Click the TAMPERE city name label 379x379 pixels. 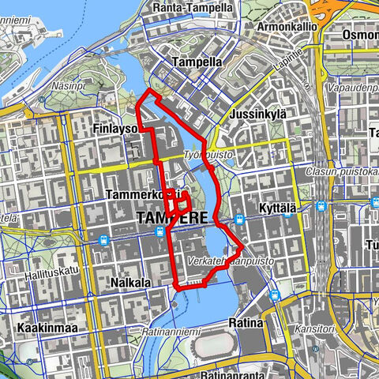coord(173,217)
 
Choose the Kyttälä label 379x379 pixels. coord(276,207)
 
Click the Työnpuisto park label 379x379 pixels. coord(209,155)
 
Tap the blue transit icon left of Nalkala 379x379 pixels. coord(104,241)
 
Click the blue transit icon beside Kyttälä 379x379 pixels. coord(321,206)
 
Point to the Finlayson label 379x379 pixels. coord(115,129)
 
